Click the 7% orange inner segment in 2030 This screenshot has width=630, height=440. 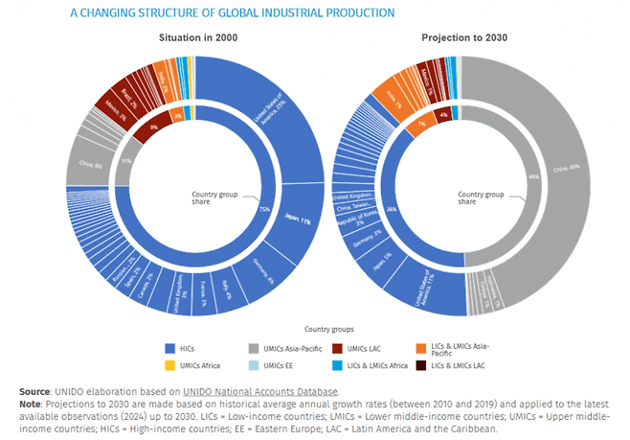tap(421, 124)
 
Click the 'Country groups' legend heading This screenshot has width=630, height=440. tap(315, 328)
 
